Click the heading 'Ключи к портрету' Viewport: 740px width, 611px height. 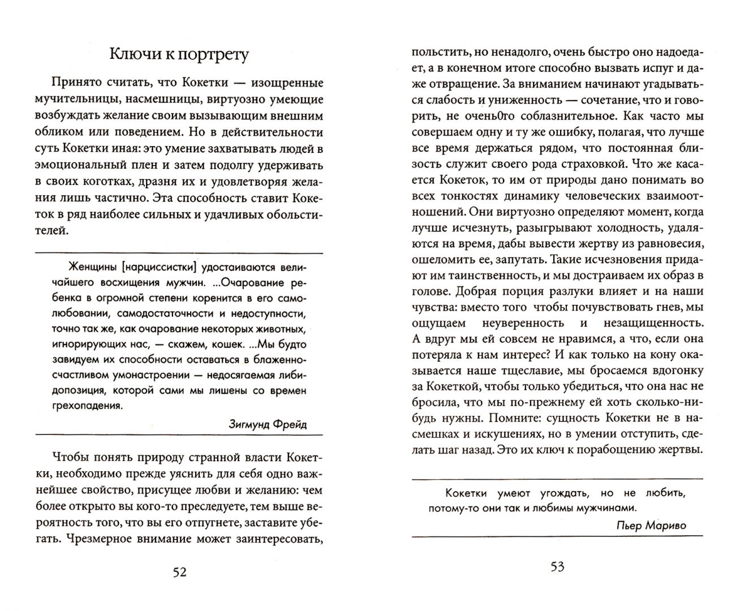pyautogui.click(x=179, y=54)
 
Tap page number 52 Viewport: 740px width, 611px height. pyautogui.click(x=179, y=572)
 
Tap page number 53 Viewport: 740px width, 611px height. pyautogui.click(x=557, y=567)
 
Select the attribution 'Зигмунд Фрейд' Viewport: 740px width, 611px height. pyautogui.click(x=268, y=423)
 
